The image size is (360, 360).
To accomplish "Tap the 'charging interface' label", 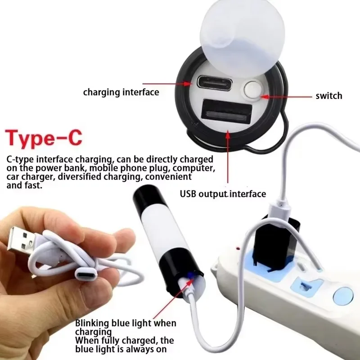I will coord(121,92).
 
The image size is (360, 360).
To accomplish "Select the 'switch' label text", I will coord(328,95).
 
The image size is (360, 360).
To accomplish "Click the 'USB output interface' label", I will coord(223,194).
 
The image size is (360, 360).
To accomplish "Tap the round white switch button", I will coord(252,90).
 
